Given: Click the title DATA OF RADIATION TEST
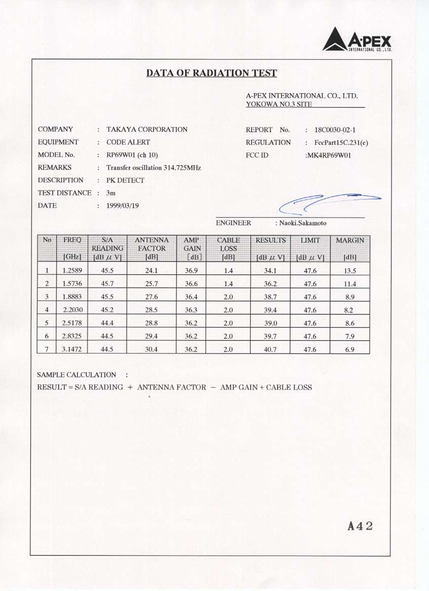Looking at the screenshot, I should click(x=212, y=73).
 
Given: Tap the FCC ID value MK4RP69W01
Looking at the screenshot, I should click(x=329, y=155).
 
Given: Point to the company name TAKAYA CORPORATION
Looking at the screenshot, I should click(x=147, y=130).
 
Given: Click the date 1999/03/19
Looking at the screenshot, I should click(x=123, y=206).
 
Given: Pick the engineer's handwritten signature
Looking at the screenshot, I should click(x=329, y=202).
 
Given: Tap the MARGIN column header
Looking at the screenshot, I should click(x=350, y=248).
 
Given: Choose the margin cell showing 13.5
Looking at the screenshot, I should click(x=350, y=270).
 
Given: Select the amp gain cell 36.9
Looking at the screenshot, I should click(x=191, y=270).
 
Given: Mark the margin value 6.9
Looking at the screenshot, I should click(x=350, y=349).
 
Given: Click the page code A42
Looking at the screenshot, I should click(x=360, y=526).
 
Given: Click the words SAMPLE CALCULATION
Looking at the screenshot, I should click(x=76, y=375).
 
